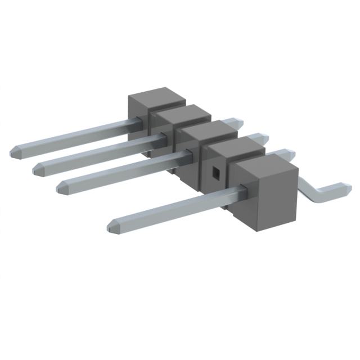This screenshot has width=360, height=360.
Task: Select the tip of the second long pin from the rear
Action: pyautogui.click(x=39, y=166)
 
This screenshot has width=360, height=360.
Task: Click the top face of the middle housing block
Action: pyautogui.click(x=209, y=132)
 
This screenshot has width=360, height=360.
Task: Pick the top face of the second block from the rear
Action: pyautogui.click(x=183, y=114)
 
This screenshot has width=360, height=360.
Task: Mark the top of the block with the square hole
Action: pyautogui.click(x=236, y=147)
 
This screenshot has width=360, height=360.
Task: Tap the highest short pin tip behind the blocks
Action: pyautogui.click(x=236, y=121)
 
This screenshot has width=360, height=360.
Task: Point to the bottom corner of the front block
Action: pyautogui.click(x=262, y=231)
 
